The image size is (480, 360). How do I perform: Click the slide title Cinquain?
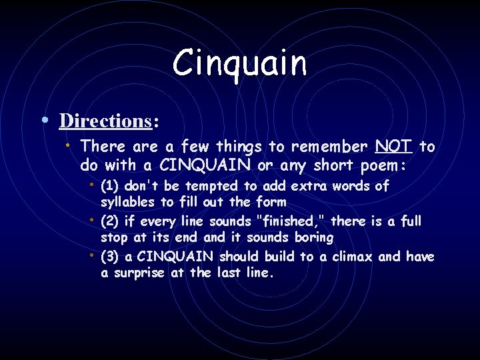coord(240,63)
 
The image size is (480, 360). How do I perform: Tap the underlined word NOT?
coord(394,146)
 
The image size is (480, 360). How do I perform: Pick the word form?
coord(271,202)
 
